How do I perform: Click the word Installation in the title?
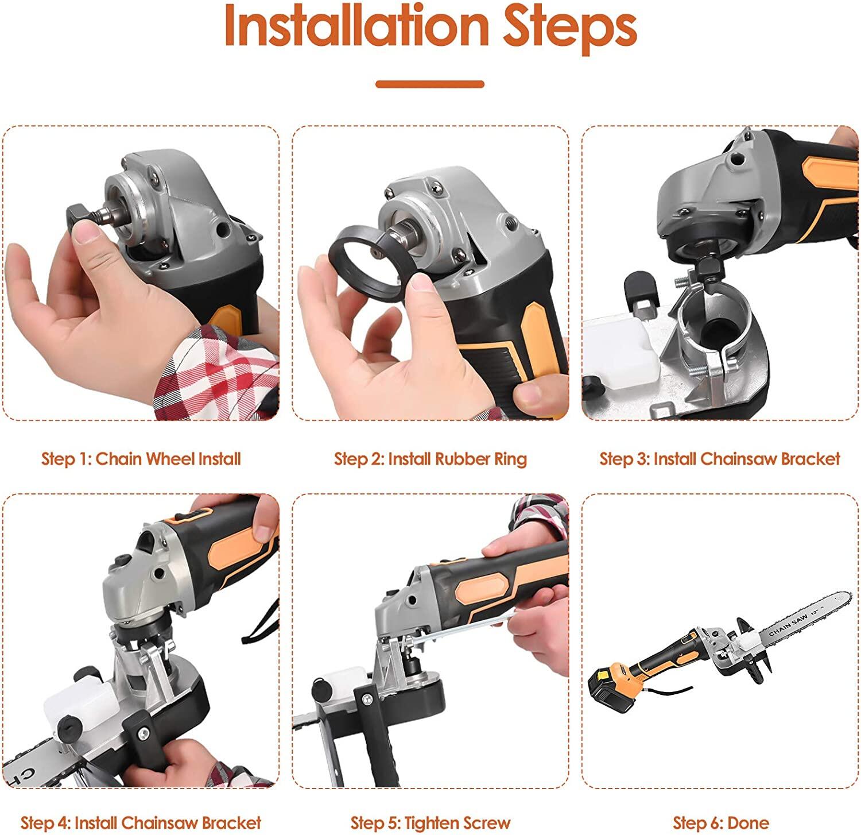tap(356, 26)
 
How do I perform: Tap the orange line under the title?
tap(430, 84)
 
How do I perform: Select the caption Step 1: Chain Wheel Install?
tap(141, 459)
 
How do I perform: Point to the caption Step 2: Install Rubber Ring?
tap(430, 459)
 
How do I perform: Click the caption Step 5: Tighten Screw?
tap(430, 823)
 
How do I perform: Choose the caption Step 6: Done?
tap(720, 823)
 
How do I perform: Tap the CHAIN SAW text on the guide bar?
tap(789, 623)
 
